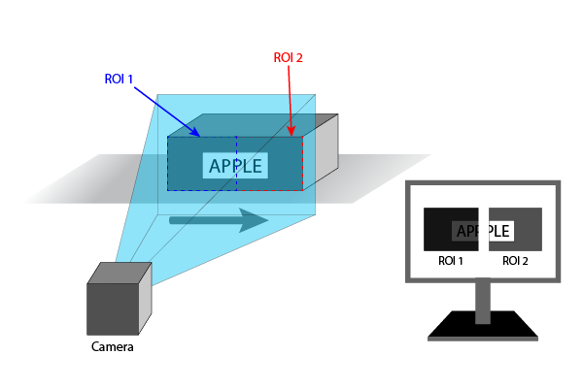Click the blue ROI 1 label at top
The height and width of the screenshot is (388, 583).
pyautogui.click(x=120, y=79)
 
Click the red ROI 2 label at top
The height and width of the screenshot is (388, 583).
pyautogui.click(x=289, y=58)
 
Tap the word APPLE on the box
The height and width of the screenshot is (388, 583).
pyautogui.click(x=235, y=166)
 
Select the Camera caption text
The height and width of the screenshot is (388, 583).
pyautogui.click(x=113, y=347)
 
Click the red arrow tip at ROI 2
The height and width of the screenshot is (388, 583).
pyautogui.click(x=292, y=134)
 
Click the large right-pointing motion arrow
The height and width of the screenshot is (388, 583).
pyautogui.click(x=219, y=220)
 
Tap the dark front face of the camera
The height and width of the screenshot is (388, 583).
pyautogui.click(x=113, y=308)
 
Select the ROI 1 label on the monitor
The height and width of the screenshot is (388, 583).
pyautogui.click(x=450, y=261)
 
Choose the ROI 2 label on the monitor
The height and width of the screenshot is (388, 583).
pyautogui.click(x=514, y=261)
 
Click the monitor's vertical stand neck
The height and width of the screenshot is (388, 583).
pyautogui.click(x=483, y=301)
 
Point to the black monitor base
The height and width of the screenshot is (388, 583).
pyautogui.click(x=483, y=328)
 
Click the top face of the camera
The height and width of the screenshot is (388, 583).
pyautogui.click(x=121, y=275)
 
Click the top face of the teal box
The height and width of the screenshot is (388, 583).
pyautogui.click(x=253, y=125)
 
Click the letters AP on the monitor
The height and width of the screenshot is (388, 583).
pyautogui.click(x=465, y=232)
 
